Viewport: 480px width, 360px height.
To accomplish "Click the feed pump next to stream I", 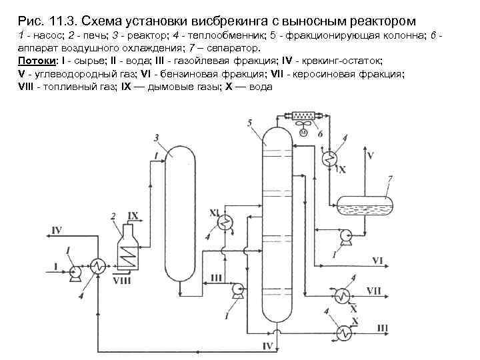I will click(75, 271).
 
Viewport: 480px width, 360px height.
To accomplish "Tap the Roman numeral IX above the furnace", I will click(133, 215).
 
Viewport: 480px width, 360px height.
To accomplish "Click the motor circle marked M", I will click(302, 134).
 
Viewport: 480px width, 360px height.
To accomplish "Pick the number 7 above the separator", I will click(390, 177).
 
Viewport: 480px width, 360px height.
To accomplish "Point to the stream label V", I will click(371, 156).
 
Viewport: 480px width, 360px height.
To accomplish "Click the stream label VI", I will click(377, 259).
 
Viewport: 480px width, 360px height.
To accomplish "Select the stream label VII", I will click(374, 291).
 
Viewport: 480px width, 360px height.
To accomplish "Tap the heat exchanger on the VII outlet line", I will click(343, 294).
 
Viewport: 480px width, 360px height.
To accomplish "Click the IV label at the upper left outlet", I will click(56, 230).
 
